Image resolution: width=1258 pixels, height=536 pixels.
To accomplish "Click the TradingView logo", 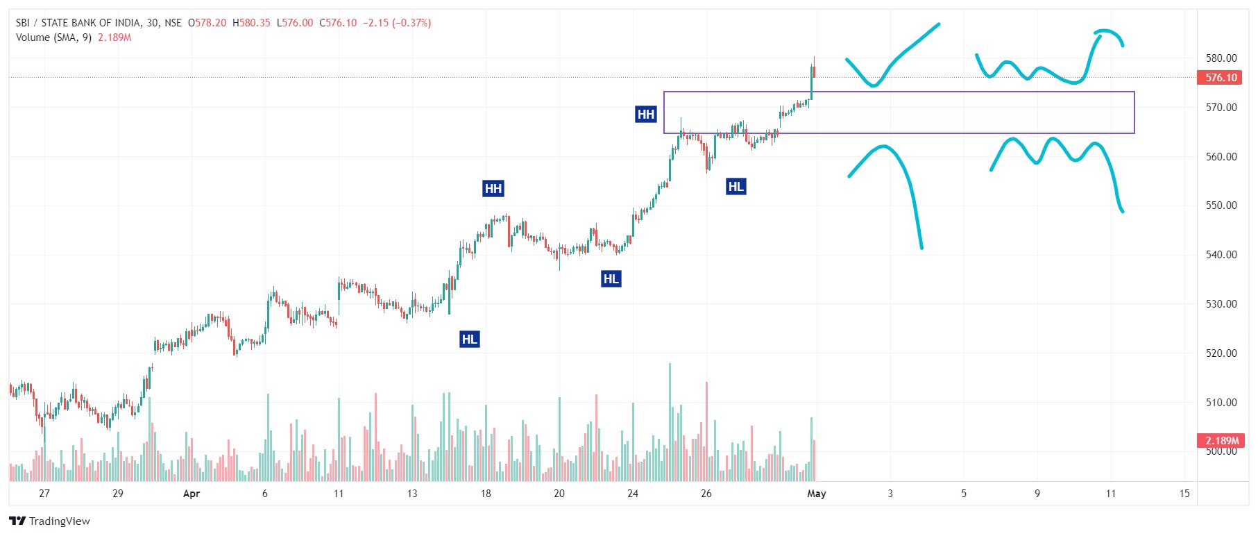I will [50, 521].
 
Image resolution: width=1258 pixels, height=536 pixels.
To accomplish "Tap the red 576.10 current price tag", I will [1221, 78].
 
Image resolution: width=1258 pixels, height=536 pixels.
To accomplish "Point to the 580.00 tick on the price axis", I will [1221, 58].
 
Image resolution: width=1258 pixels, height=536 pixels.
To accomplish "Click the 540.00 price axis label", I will [1221, 255].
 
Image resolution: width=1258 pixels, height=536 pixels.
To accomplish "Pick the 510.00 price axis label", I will [1221, 403].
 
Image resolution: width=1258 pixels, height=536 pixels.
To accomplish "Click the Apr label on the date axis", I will [192, 494].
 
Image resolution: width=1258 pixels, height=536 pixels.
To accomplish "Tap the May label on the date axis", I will [817, 494].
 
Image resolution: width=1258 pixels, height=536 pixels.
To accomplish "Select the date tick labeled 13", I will [412, 494].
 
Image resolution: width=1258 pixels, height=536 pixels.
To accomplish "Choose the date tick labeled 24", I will [633, 494].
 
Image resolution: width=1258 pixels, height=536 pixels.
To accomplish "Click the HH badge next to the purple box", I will [645, 115].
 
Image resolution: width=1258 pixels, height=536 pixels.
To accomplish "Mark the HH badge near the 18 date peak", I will [493, 189].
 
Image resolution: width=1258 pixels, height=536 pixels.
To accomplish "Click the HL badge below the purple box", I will [736, 186].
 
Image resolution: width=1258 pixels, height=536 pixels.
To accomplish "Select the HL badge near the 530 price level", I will [611, 279].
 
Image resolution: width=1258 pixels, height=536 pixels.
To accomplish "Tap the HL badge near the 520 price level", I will [470, 340].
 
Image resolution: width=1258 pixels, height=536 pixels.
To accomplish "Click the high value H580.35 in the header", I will [251, 23].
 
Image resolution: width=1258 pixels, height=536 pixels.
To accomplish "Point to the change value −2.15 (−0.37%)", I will [397, 23].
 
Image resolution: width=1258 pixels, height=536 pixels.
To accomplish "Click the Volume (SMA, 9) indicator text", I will [53, 37].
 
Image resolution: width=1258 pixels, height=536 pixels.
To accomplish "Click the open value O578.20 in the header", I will [207, 23].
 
